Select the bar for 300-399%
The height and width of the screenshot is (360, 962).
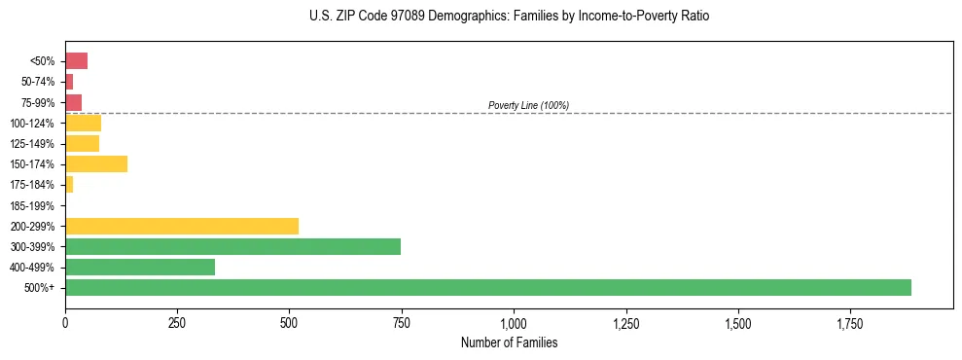(232, 246)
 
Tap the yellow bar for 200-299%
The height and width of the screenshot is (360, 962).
(182, 226)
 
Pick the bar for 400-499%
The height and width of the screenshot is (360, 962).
(140, 267)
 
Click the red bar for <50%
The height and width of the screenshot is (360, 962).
(76, 61)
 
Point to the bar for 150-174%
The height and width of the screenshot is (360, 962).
(96, 163)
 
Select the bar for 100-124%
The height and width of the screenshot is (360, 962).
(83, 123)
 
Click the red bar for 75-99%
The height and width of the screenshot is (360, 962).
(73, 102)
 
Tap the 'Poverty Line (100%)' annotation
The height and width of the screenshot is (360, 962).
(528, 105)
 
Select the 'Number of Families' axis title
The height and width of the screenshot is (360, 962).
(509, 342)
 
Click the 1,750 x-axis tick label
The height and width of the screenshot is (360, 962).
(849, 322)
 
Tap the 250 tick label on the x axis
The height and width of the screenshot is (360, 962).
(177, 322)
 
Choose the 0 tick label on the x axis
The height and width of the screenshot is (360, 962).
(65, 322)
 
